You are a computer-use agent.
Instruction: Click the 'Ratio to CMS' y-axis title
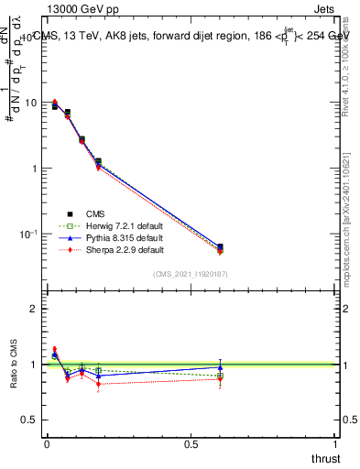[12, 364]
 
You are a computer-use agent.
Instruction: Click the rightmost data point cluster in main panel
[219, 248]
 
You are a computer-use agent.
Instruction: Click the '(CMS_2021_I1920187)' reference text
[191, 274]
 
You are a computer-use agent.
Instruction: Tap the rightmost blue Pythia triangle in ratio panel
[219, 367]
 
